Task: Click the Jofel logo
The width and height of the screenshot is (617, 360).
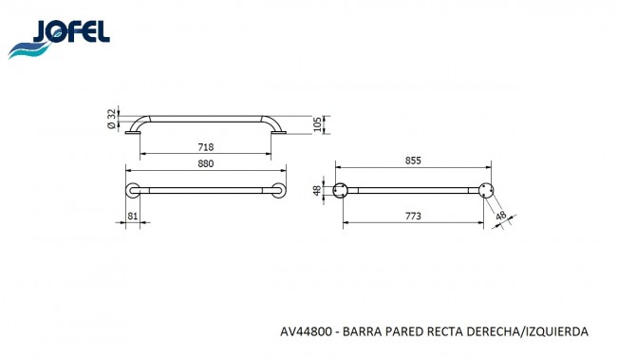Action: coord(59,39)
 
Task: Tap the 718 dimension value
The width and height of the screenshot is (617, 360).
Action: coord(205,147)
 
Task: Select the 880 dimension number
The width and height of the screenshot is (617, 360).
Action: coord(205,163)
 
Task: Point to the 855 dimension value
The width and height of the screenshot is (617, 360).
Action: coord(413,161)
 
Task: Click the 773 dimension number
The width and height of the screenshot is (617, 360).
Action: coord(413,216)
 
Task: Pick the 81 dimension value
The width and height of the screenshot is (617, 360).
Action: coord(133,216)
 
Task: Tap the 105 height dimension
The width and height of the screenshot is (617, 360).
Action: coord(318,124)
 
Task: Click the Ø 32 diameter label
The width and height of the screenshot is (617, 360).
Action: coord(112,119)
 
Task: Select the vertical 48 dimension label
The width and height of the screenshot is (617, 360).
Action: coord(317,191)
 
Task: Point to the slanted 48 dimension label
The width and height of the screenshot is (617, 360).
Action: coord(501,216)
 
